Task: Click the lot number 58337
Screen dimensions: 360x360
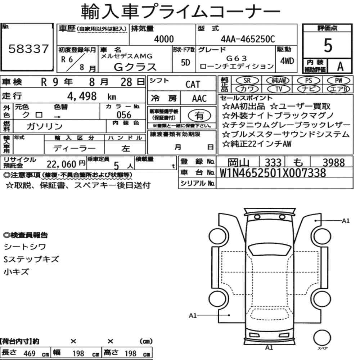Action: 28,49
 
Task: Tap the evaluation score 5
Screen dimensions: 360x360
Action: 328,45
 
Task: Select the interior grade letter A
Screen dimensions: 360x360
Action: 340,67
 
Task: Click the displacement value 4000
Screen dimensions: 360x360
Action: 164,39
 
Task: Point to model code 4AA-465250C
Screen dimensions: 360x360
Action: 248,39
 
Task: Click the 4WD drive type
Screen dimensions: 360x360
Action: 287,61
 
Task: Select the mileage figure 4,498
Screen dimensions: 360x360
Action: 82,96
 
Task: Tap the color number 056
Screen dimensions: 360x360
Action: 124,115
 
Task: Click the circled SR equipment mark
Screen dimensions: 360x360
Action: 247,81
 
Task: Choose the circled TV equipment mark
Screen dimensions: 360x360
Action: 279,89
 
